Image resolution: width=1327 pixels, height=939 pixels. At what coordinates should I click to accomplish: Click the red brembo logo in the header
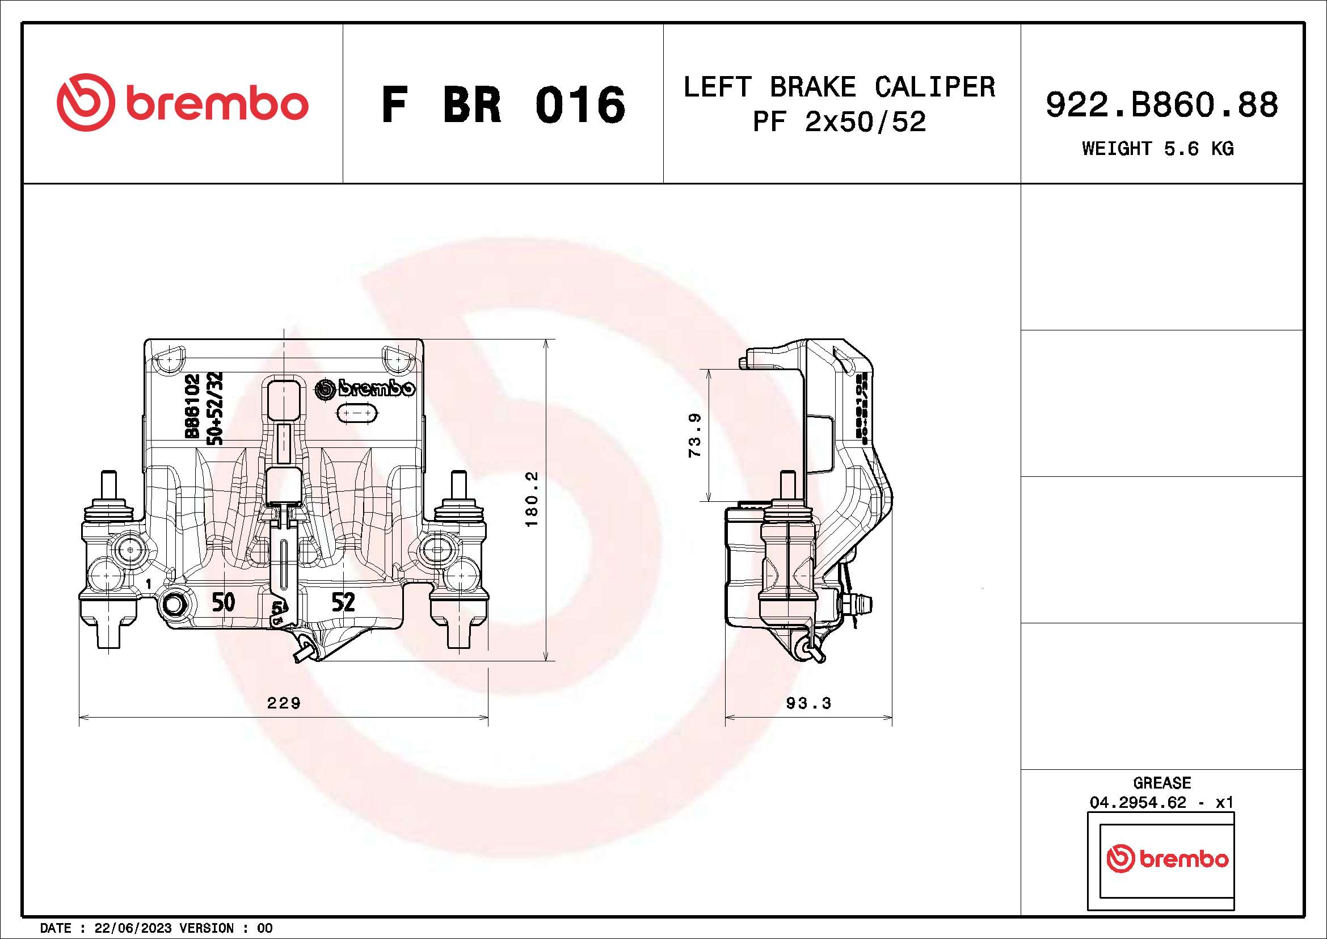click(x=182, y=102)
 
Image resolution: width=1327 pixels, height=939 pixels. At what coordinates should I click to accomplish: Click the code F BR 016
click(x=503, y=104)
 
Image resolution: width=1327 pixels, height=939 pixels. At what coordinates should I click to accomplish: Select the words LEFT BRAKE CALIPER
click(x=839, y=87)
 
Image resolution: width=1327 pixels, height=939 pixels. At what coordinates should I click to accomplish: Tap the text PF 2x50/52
click(x=839, y=121)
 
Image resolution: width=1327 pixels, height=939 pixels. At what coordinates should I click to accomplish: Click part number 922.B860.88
click(x=1162, y=104)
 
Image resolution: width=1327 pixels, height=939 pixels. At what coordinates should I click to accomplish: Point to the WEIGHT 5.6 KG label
click(x=1158, y=149)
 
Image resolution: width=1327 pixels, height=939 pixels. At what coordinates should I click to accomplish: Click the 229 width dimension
click(x=283, y=702)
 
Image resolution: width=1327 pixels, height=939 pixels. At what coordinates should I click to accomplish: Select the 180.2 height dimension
click(x=532, y=499)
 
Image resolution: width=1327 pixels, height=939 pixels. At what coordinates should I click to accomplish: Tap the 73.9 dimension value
click(x=695, y=435)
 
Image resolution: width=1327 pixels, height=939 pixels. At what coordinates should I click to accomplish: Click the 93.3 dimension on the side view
click(x=808, y=703)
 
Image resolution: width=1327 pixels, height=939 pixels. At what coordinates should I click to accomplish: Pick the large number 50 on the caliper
click(x=223, y=602)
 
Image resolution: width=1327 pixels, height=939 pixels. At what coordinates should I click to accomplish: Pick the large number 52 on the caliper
click(x=343, y=602)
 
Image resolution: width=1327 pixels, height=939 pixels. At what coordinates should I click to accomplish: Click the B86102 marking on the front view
click(x=192, y=406)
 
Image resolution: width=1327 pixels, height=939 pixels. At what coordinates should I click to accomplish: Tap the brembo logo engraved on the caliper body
click(x=365, y=388)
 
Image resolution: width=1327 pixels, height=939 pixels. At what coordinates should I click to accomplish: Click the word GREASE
click(x=1162, y=783)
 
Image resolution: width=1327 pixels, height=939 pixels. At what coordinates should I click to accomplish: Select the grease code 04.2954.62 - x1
click(x=1162, y=803)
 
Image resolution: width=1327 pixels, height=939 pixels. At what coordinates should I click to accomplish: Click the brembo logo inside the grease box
click(x=1167, y=858)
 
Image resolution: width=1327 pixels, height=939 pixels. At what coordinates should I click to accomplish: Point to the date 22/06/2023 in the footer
click(x=133, y=928)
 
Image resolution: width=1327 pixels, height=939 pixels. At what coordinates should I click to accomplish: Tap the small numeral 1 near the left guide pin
click(x=149, y=584)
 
